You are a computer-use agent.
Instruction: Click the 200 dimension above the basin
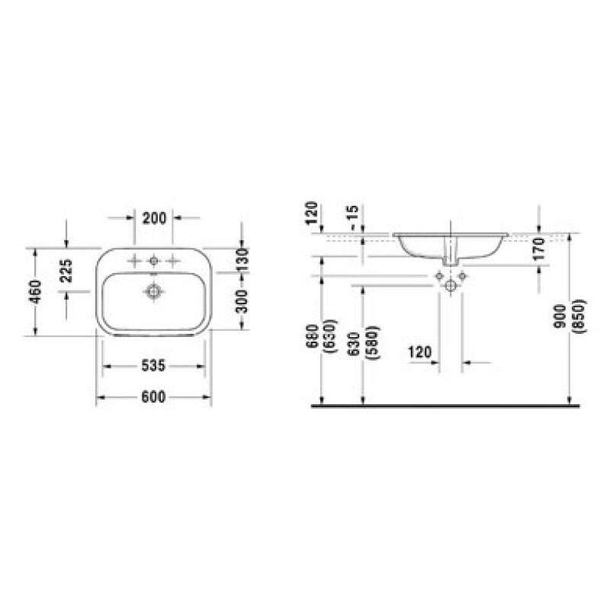pyautogui.click(x=154, y=218)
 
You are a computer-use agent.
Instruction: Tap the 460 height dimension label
pyautogui.click(x=35, y=292)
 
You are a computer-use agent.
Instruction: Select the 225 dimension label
pyautogui.click(x=66, y=271)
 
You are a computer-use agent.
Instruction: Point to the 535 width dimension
pyautogui.click(x=153, y=366)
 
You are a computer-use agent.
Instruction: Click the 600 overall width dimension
pyautogui.click(x=153, y=396)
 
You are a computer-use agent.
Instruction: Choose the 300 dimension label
pyautogui.click(x=242, y=301)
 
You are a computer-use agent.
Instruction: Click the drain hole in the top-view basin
pyautogui.click(x=154, y=291)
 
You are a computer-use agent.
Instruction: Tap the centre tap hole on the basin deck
pyautogui.click(x=154, y=261)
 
